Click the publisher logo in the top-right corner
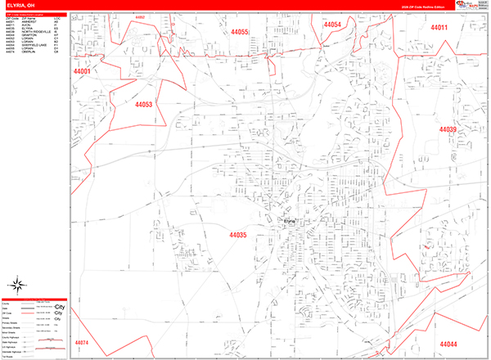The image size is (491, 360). click(471, 6)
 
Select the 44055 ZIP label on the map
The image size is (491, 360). click(239, 32)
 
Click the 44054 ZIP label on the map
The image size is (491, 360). click(331, 25)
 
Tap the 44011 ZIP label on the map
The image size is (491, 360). click(440, 28)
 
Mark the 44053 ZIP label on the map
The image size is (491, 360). click(143, 105)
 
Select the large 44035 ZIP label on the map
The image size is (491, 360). click(237, 236)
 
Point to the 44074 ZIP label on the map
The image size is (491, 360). click(80, 343)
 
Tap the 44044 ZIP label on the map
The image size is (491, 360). click(448, 344)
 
